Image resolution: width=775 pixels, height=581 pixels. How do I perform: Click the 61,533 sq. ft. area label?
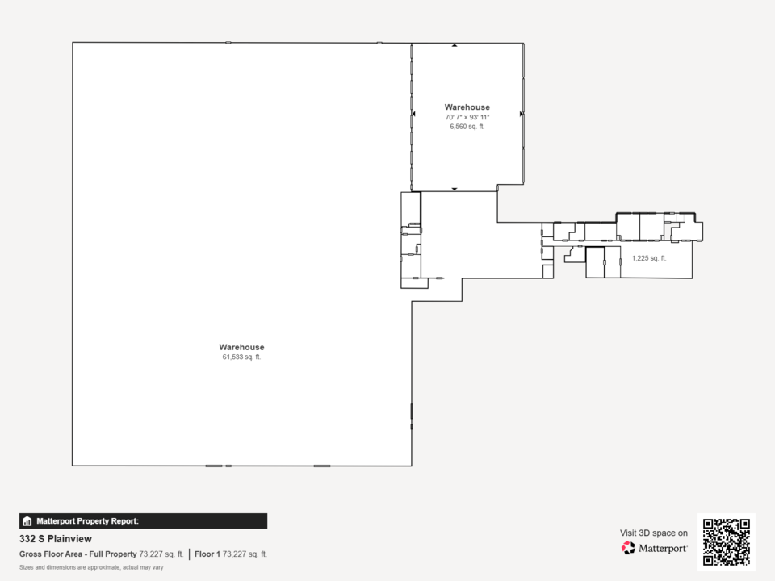(241, 357)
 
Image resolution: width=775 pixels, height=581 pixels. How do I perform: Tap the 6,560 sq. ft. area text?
(467, 127)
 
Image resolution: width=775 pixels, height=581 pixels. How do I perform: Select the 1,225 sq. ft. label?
(649, 258)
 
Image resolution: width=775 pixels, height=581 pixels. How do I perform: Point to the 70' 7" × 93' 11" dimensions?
(467, 117)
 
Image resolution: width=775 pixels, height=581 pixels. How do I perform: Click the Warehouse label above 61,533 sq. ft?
(241, 347)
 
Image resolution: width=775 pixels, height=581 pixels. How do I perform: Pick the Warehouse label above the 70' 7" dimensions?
(467, 107)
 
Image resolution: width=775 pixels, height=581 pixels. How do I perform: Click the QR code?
(727, 542)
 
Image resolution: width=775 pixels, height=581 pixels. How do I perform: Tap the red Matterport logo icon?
(628, 548)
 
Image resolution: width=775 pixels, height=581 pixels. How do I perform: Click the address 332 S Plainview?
(56, 539)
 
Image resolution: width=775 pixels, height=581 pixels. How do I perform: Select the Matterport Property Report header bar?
(144, 521)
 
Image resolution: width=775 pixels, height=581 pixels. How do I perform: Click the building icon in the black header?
(27, 521)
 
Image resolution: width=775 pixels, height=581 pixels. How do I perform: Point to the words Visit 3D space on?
(654, 533)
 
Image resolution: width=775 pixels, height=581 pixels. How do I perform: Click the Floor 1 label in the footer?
(207, 554)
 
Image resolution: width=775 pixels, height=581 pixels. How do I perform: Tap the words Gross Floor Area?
(51, 554)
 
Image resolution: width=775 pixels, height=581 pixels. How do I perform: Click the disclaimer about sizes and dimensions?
(91, 567)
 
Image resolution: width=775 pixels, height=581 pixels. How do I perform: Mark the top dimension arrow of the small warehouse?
(455, 45)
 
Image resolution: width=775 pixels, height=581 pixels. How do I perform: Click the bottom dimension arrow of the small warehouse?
(455, 189)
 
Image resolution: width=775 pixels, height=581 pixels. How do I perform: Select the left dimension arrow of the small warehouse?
(413, 114)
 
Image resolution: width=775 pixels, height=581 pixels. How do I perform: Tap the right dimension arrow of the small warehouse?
(522, 114)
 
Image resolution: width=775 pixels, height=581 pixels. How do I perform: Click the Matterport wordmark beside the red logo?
(663, 549)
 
